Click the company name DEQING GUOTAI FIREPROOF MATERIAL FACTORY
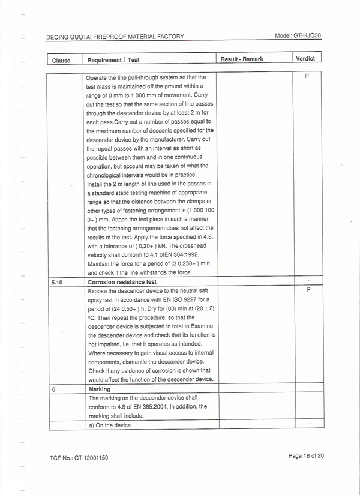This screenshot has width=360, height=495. point(115,37)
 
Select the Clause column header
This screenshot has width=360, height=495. point(61,61)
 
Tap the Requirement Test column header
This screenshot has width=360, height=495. point(113,60)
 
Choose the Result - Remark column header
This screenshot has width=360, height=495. point(242,59)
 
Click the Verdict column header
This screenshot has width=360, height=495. point(306,59)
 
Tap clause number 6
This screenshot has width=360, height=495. point(54,389)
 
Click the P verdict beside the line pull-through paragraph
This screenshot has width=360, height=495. point(307,77)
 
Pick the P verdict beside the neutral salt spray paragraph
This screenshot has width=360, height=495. point(308,289)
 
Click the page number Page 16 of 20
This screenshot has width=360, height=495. point(306,456)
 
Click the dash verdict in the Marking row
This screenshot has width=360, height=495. point(308,388)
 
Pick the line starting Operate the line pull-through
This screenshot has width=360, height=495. point(146,77)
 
